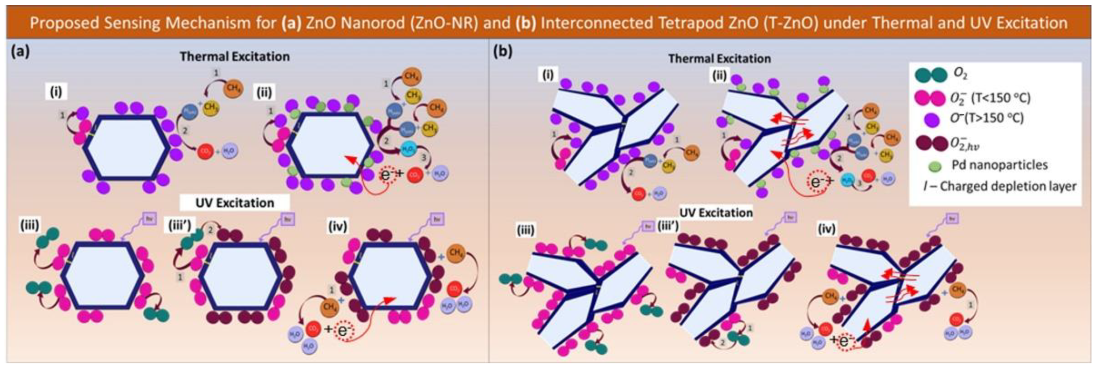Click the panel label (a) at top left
[x=20, y=52]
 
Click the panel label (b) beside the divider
[x=502, y=52]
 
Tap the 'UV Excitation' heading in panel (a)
[x=235, y=203]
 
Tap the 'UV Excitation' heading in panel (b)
[x=716, y=212]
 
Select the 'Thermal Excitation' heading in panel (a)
[x=235, y=57]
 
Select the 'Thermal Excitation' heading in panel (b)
[x=719, y=59]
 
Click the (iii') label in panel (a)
[x=180, y=225]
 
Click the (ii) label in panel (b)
[x=719, y=76]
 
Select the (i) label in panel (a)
[x=56, y=92]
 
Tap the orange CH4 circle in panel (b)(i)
[x=691, y=152]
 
